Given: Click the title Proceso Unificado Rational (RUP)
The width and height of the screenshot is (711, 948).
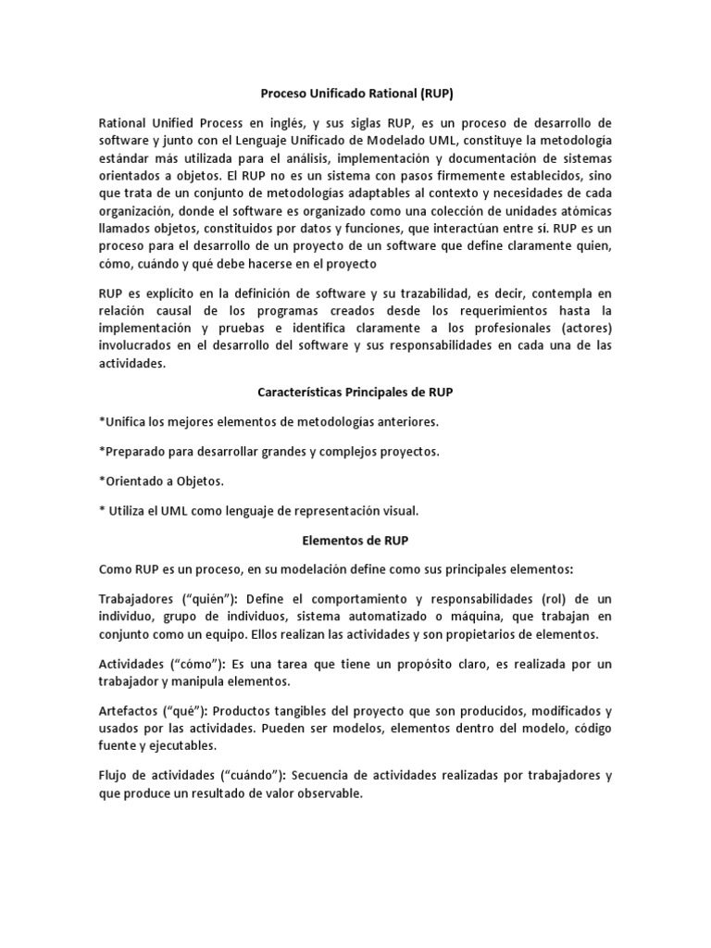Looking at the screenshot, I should point(355,94).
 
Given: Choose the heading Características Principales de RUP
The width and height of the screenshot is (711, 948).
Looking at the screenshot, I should point(355,393).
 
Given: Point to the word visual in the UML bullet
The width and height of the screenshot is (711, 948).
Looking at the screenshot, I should point(398,510).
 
